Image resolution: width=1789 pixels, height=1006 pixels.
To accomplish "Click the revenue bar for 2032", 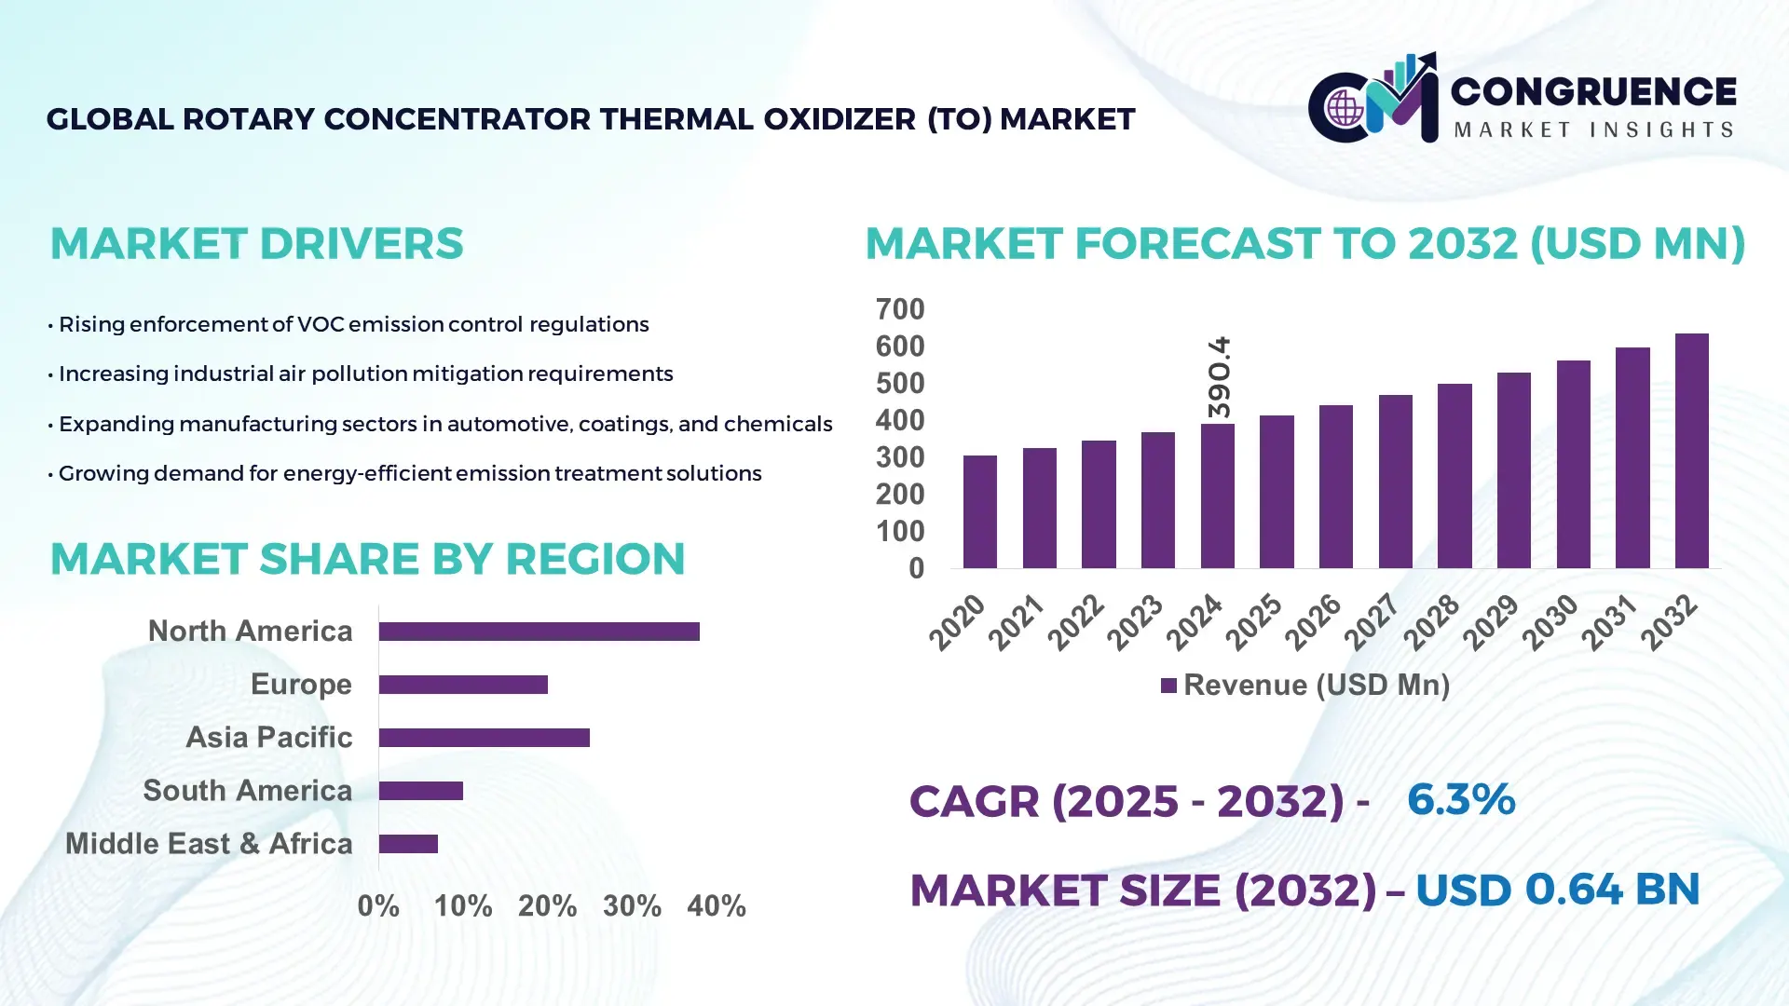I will [x=1691, y=451].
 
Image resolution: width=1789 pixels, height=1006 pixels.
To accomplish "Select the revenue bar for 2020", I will [x=979, y=511].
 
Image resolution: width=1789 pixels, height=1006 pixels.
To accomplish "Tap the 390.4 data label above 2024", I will [x=1219, y=377].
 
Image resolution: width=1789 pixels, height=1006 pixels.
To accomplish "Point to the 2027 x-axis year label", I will [x=1372, y=621].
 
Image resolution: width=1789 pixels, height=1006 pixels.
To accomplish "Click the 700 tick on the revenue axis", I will [x=899, y=309].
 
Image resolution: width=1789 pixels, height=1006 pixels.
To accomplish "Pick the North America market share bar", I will [x=539, y=632].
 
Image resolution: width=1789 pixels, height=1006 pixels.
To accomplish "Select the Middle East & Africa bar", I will [x=408, y=844].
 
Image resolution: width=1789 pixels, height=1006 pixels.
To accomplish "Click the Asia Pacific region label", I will [x=268, y=737].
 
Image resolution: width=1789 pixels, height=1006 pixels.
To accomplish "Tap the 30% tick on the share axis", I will [x=632, y=905].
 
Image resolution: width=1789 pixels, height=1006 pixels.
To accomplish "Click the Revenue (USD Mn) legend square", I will [x=1168, y=686].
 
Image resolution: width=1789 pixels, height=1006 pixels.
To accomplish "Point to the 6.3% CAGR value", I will [x=1460, y=799].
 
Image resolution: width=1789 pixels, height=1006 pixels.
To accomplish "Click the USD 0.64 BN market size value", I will [x=1557, y=890].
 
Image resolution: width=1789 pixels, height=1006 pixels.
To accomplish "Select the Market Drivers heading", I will [x=256, y=244].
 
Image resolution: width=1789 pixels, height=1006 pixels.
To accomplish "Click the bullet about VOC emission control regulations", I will [x=352, y=324].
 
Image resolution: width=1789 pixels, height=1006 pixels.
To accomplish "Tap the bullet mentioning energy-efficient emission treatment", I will [x=408, y=473].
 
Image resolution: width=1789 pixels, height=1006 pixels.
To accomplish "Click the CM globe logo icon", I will [x=1345, y=108].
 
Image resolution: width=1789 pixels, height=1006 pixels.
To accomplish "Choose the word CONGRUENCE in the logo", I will [x=1592, y=91].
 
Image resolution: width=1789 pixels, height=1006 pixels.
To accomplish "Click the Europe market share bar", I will [x=463, y=685].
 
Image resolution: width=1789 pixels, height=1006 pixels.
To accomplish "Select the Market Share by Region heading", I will [x=367, y=559].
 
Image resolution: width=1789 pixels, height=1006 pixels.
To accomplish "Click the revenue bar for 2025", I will [x=1277, y=491].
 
